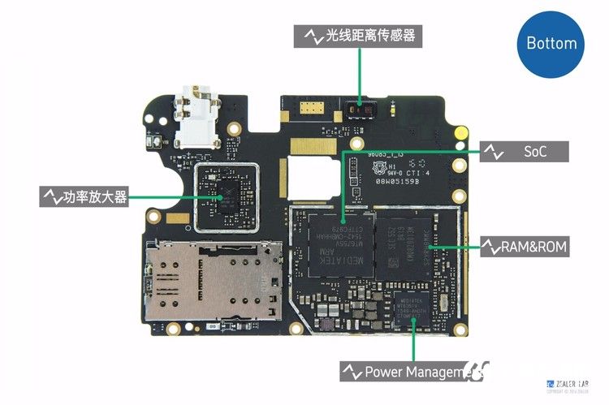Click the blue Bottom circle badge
click(551, 43)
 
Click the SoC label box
click(524, 152)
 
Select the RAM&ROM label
click(524, 246)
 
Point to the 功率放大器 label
click(84, 196)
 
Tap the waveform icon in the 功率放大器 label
click(51, 196)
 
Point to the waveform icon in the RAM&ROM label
click(492, 246)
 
